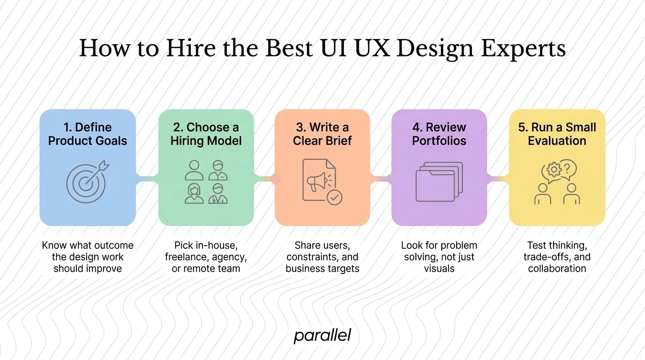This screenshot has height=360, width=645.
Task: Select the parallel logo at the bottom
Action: pos(322,336)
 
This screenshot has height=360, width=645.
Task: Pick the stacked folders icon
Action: pos(439,182)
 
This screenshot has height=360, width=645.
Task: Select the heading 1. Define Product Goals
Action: pos(88,134)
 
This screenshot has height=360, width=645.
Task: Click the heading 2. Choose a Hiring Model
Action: pos(206,134)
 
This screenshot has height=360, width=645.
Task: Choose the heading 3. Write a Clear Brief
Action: pos(322,134)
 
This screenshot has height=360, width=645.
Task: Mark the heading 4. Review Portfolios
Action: pos(439,134)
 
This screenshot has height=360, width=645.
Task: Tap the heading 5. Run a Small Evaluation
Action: pos(557,134)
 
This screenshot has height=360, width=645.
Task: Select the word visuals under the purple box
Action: pos(439,269)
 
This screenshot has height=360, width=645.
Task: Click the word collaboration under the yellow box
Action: pos(557,269)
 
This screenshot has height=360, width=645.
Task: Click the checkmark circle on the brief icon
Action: pos(334,197)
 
